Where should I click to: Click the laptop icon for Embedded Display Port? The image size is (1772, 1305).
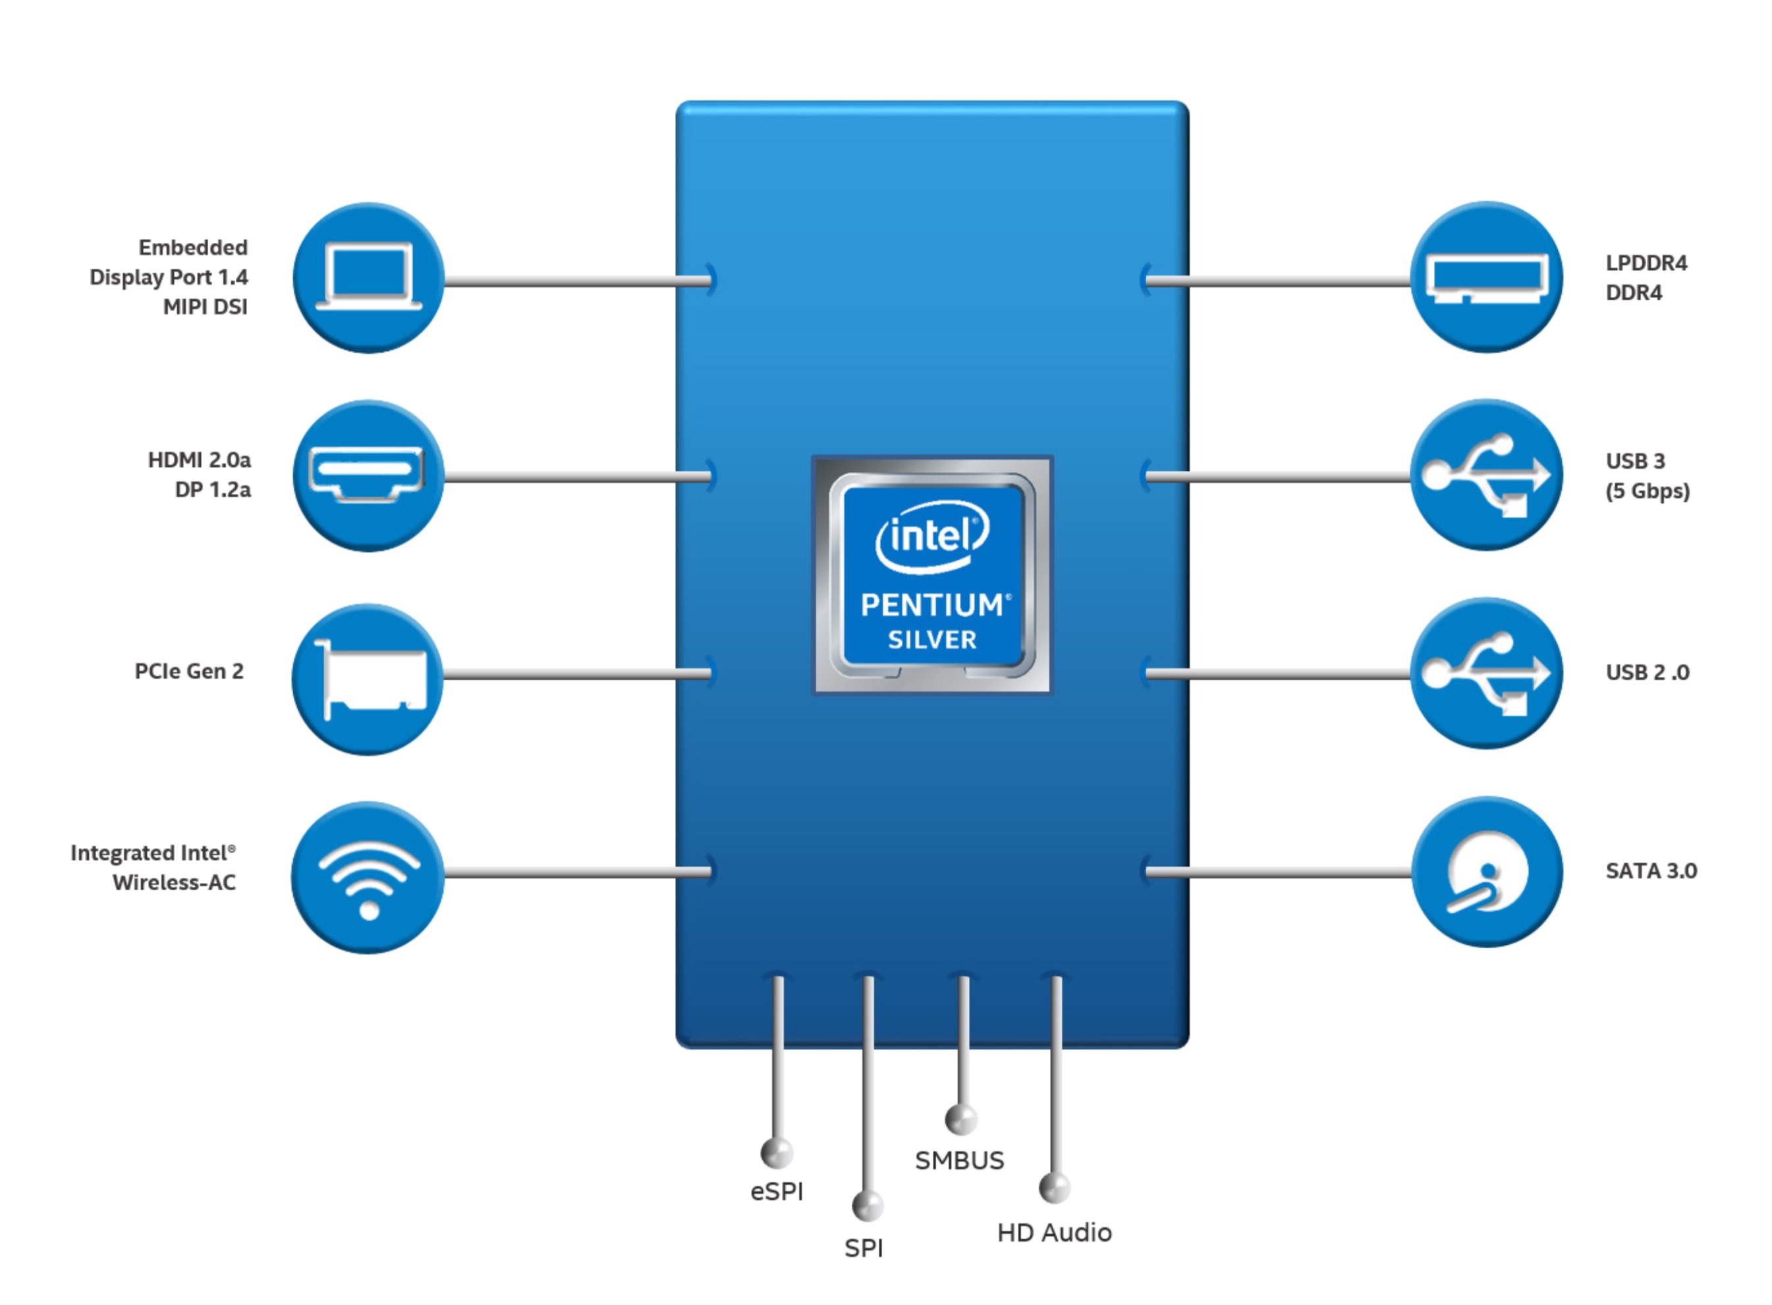[x=368, y=277]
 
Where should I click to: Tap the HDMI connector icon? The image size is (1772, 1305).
[x=367, y=475]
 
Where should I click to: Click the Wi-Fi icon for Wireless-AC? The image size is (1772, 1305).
[x=368, y=876]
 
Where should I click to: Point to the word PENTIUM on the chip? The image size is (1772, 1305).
[x=932, y=605]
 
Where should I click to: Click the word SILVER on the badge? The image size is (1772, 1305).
[x=932, y=640]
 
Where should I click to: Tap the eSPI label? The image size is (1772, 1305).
[x=776, y=1191]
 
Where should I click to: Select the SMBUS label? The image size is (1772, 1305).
[x=958, y=1160]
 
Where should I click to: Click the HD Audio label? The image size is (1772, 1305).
[x=1053, y=1233]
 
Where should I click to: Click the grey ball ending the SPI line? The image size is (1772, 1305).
[x=867, y=1206]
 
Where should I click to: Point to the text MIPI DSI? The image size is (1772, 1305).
[x=205, y=307]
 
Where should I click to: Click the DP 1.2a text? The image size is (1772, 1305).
[x=212, y=490]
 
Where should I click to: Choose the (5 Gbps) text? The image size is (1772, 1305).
[x=1647, y=491]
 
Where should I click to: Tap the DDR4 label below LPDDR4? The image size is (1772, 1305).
[x=1633, y=292]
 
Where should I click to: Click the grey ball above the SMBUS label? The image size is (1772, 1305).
[x=960, y=1119]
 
